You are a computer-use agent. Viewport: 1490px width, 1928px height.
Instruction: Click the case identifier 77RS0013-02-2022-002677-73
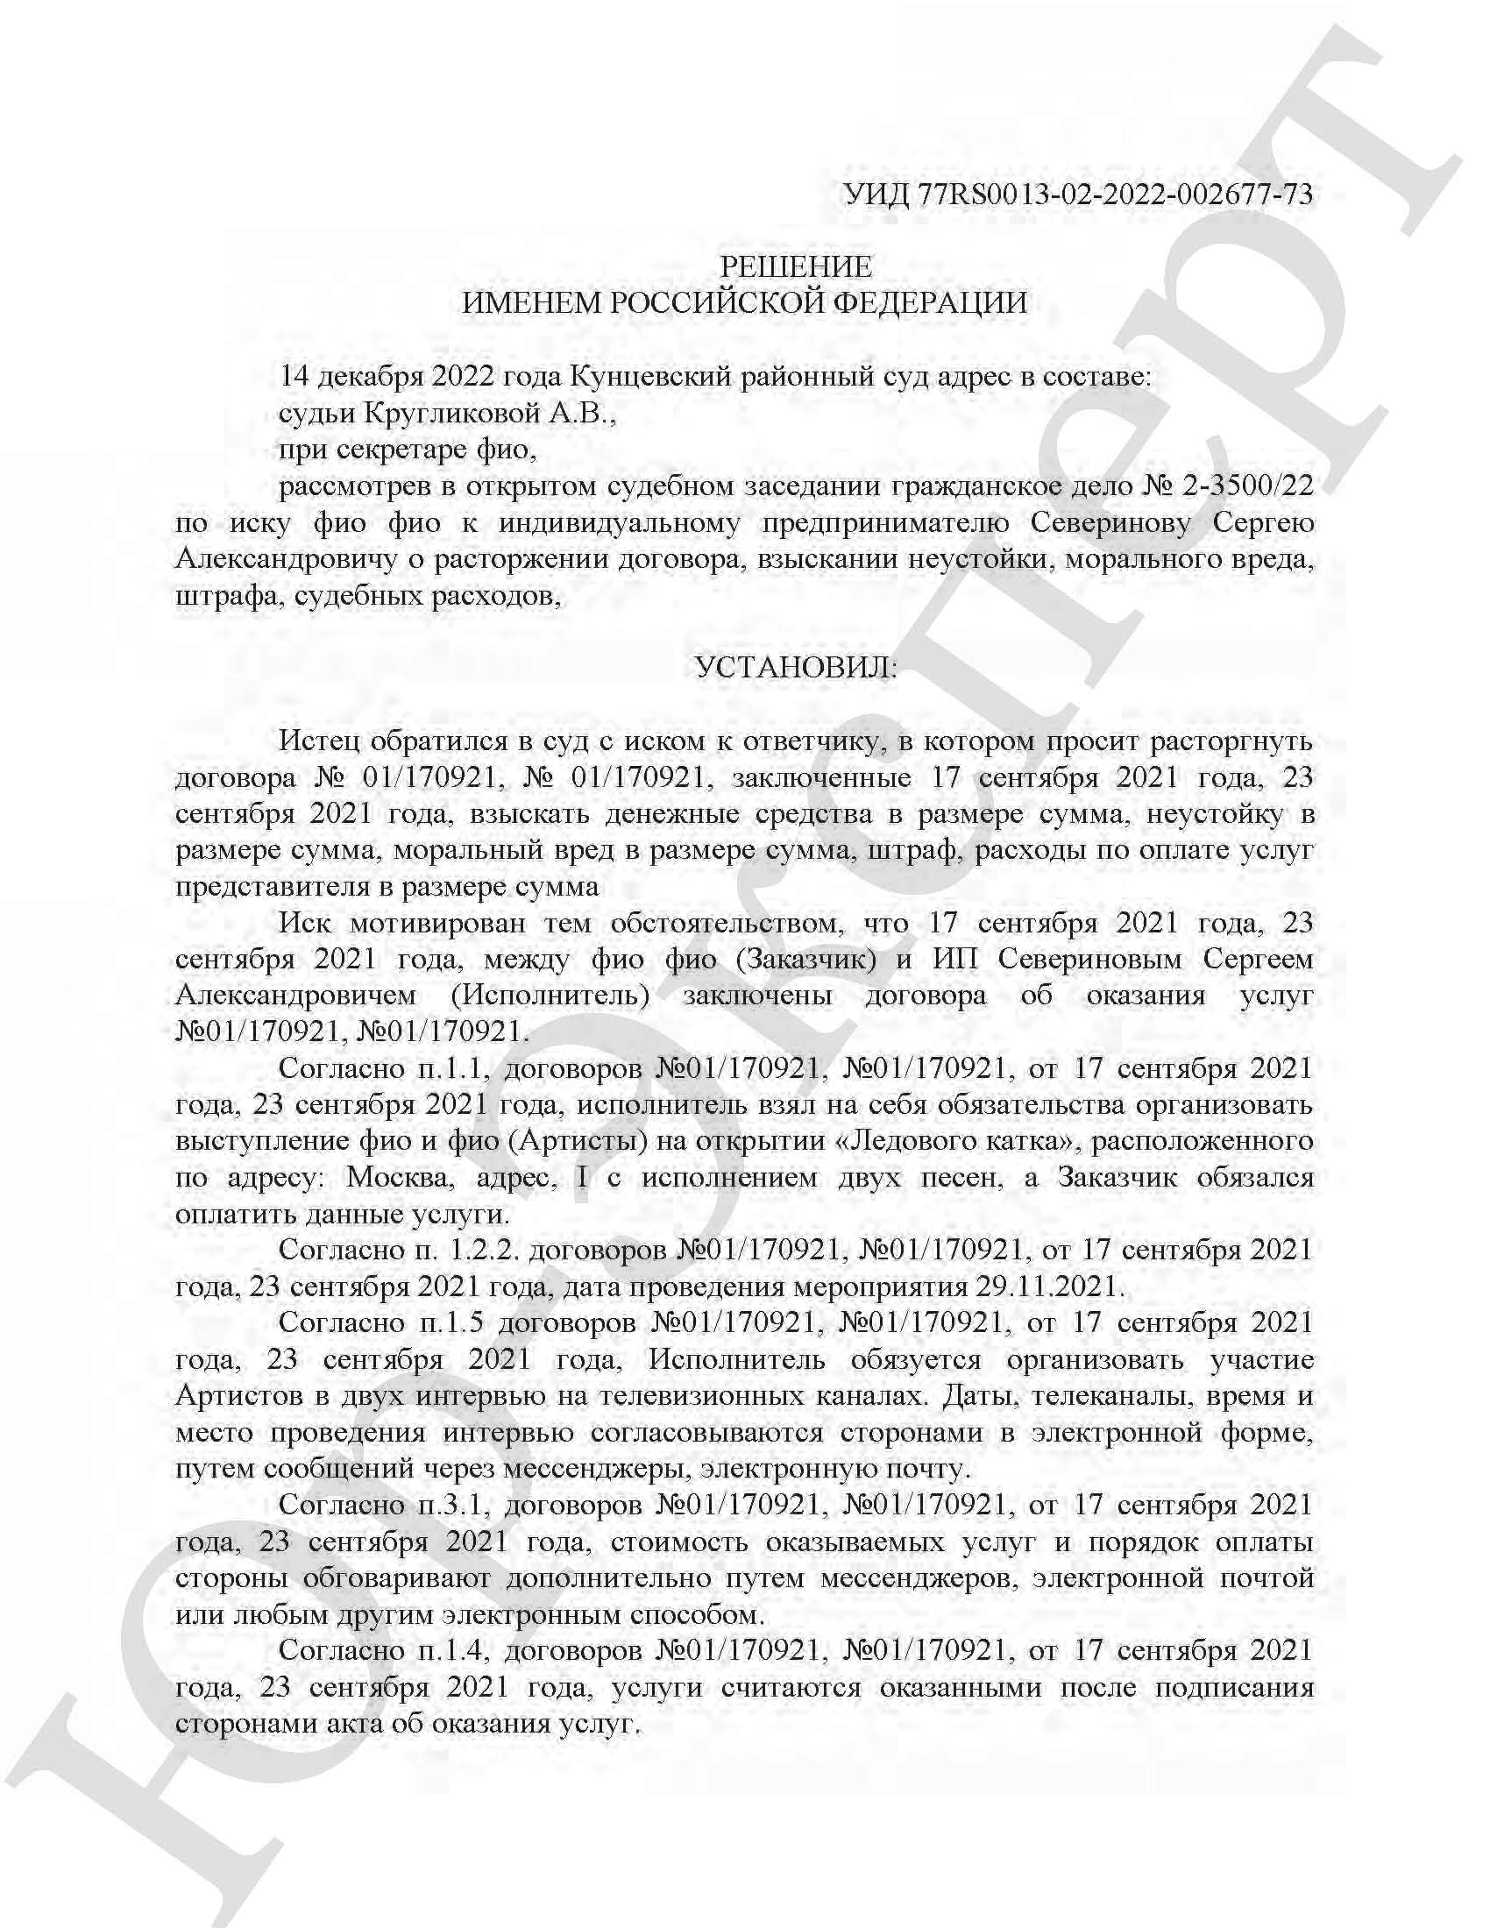point(1115,194)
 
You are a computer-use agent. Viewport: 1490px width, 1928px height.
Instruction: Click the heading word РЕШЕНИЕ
point(795,266)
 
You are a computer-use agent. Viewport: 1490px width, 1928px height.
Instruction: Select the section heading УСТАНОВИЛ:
point(795,668)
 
